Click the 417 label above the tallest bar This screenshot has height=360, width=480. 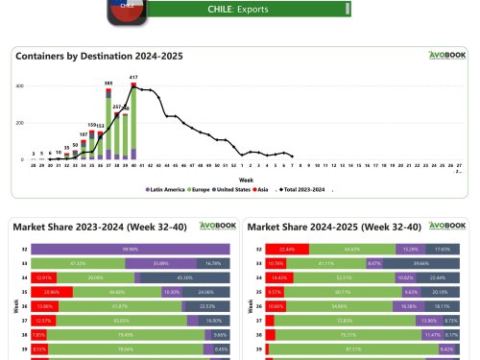coord(133,77)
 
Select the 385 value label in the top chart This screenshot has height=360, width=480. coord(108,84)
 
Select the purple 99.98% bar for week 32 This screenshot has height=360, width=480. coord(125,248)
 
